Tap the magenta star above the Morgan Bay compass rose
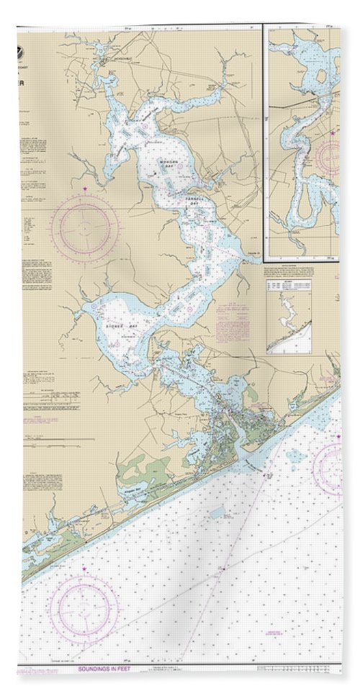85,189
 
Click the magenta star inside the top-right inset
333,132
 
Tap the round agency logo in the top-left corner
29,52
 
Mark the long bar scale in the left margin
58,439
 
